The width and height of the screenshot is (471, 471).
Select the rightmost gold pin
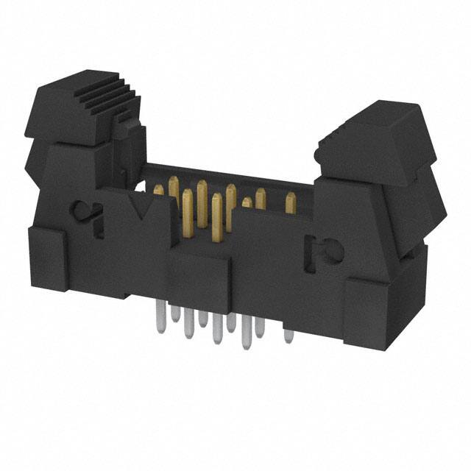[x=290, y=203]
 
